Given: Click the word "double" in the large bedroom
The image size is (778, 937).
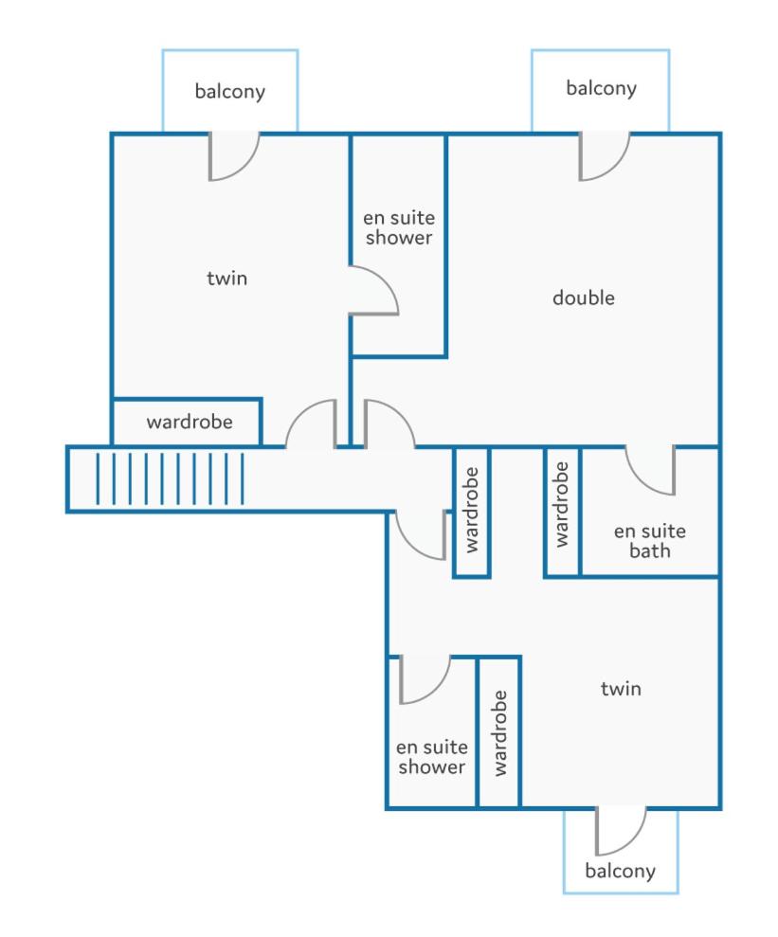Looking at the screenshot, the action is tap(583, 297).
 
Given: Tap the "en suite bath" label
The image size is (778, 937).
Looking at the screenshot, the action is tap(649, 541).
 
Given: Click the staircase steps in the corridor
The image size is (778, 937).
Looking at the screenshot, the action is tap(170, 478).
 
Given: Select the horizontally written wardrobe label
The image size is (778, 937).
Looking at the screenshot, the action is tap(190, 422).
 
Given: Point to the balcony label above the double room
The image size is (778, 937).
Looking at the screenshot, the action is tap(601, 88).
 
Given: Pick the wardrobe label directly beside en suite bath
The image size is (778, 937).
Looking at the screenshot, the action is tap(561, 504).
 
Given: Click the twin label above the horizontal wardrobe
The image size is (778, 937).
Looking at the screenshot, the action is tap(227, 279).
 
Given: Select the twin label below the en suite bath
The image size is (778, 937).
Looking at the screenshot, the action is tap(621, 689).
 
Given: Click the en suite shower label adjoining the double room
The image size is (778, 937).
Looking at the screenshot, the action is tap(399, 227).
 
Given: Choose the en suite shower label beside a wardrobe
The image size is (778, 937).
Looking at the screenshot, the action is tap(431, 757).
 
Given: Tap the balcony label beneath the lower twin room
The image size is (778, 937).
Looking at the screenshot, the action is tap(621, 871).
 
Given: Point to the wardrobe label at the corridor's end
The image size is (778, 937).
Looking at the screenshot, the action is tap(472, 510).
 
